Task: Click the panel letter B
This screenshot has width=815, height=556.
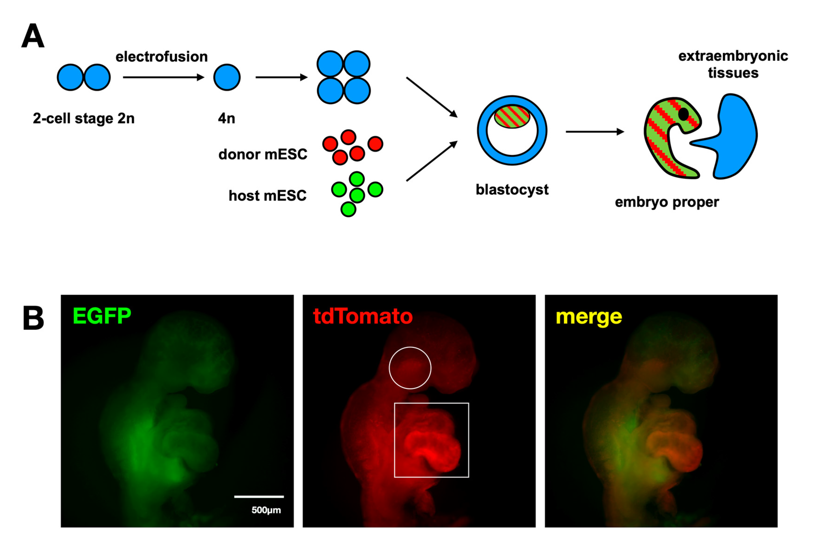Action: click(x=33, y=318)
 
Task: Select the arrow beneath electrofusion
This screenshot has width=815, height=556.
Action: click(x=163, y=77)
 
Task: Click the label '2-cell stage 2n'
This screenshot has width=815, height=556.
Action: click(x=83, y=118)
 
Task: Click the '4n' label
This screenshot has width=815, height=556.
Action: click(x=226, y=118)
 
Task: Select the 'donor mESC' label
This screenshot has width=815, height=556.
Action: click(x=263, y=154)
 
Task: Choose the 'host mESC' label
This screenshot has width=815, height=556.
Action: click(x=267, y=195)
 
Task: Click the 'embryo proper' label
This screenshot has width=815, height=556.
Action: click(x=667, y=202)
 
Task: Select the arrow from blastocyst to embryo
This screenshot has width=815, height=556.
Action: click(x=594, y=132)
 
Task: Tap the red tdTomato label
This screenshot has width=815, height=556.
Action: click(x=363, y=316)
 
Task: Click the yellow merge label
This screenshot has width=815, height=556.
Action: click(x=589, y=317)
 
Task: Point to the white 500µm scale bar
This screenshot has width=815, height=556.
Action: click(x=259, y=496)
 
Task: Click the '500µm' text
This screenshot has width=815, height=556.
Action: click(x=266, y=510)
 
